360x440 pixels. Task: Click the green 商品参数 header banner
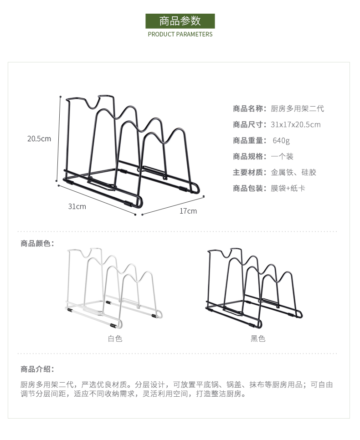180,21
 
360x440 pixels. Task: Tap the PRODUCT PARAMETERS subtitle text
180,34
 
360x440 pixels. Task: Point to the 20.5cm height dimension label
39,138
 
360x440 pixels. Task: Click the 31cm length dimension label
77,206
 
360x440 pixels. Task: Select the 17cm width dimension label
188,211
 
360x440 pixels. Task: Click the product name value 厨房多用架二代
297,108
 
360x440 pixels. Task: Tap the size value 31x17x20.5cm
295,124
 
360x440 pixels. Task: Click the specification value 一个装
282,156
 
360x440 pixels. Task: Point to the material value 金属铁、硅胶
293,172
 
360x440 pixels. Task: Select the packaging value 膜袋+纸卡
288,188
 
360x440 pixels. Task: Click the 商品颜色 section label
37,243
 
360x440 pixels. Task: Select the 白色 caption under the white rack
115,338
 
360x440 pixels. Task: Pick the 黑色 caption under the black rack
258,338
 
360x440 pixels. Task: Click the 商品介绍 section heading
37,369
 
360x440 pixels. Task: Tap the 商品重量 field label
249,140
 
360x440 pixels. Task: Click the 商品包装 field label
249,188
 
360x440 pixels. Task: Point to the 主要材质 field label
249,172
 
